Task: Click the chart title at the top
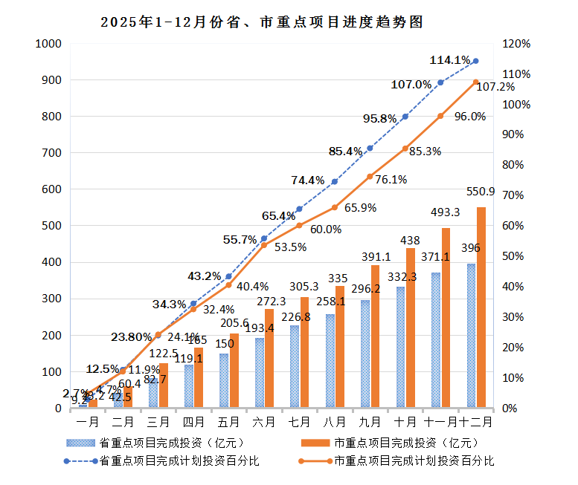coord(262,23)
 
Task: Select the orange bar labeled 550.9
coord(481,307)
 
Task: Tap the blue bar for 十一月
coord(436,340)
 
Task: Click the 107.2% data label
coord(495,87)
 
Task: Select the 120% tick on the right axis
coord(516,44)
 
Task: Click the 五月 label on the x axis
coord(229,422)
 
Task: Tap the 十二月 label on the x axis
coord(477,422)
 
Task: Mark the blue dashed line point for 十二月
coord(475,61)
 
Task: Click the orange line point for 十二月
coord(475,82)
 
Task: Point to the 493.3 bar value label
coord(446,212)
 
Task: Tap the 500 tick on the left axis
coord(51,226)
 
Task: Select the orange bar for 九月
coord(375,336)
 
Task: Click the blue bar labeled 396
coord(471,336)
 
